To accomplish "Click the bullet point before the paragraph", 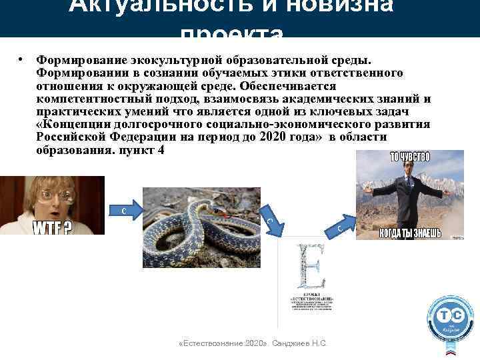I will click(22, 60).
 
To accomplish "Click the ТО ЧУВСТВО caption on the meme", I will click(409, 157).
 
